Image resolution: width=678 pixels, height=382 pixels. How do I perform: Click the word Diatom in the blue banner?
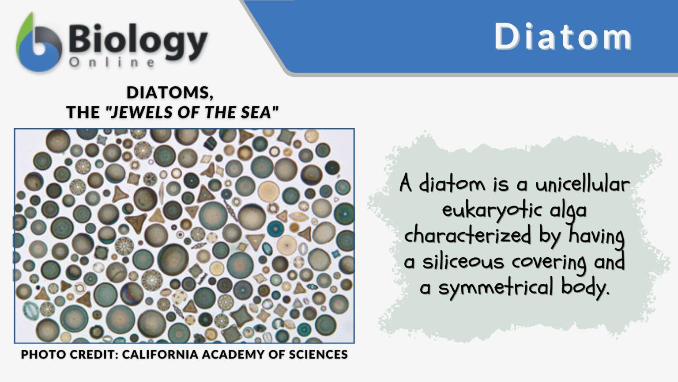point(563,36)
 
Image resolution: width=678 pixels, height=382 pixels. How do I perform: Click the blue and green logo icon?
point(38,43)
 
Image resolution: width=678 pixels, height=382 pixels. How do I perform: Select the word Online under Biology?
point(112,62)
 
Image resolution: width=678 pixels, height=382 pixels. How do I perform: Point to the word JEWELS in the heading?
point(143,112)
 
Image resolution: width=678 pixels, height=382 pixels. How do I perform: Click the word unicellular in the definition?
point(582,184)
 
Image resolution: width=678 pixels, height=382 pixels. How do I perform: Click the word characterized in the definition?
point(467,235)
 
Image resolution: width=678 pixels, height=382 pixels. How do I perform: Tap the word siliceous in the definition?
point(463,261)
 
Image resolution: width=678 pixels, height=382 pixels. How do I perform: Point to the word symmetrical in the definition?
point(496,287)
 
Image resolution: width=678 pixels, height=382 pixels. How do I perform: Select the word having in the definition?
point(596,235)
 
